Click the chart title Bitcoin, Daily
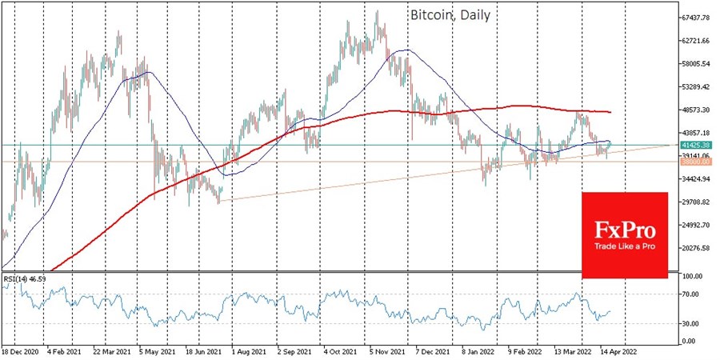(x=450, y=15)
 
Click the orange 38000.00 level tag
(x=693, y=162)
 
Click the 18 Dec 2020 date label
(x=22, y=351)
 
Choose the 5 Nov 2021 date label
(x=389, y=351)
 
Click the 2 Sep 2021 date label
(x=296, y=351)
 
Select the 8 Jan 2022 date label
(x=480, y=351)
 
